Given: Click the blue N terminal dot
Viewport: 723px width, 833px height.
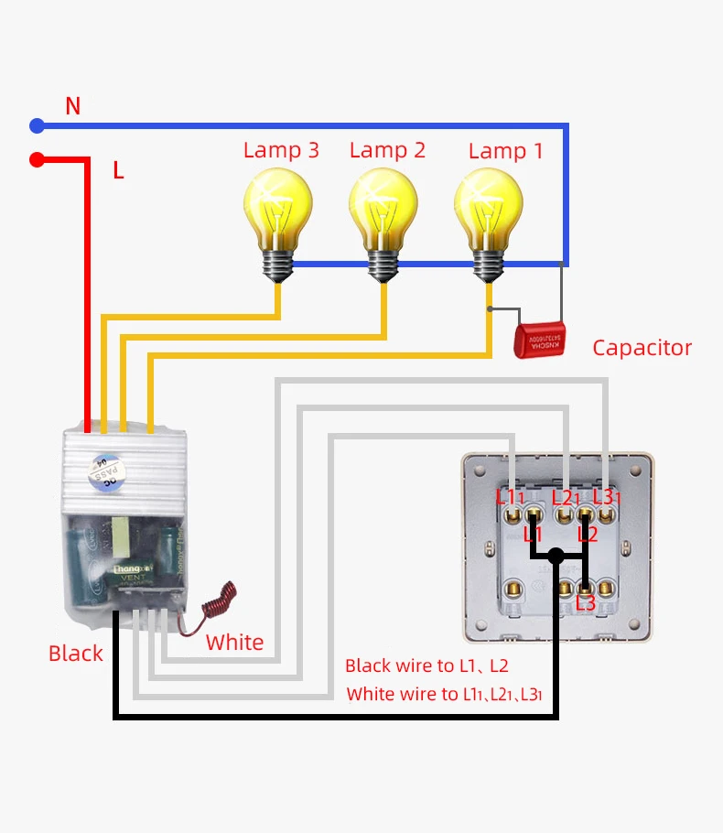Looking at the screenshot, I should tap(37, 125).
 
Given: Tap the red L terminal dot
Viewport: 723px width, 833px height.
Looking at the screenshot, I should tap(37, 160).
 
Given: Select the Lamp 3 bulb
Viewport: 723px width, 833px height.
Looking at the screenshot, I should tap(277, 215).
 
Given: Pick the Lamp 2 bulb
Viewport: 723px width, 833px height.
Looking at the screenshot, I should tap(383, 215).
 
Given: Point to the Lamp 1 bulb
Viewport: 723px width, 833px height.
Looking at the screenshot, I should tap(490, 215).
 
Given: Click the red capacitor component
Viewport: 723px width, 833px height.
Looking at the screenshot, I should tap(540, 341).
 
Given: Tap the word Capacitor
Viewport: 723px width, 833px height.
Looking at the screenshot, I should tap(642, 348).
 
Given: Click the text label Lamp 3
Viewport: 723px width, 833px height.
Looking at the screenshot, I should tap(281, 150).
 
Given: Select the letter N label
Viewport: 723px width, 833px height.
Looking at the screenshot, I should tap(73, 106).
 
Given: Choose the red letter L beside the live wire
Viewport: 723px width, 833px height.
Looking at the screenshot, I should tap(118, 170).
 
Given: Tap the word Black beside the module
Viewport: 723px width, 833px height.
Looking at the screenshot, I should tap(75, 654).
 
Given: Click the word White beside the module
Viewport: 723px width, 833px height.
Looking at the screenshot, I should tap(234, 643).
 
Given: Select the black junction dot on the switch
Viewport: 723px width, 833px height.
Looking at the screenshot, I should tap(556, 555).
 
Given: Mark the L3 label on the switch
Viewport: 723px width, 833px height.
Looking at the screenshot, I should tap(586, 603).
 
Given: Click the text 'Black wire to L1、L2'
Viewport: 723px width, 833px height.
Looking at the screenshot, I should tap(426, 666).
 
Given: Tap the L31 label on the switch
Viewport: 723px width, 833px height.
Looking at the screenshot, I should tap(607, 497).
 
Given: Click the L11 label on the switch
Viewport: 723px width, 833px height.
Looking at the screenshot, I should tap(510, 497).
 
